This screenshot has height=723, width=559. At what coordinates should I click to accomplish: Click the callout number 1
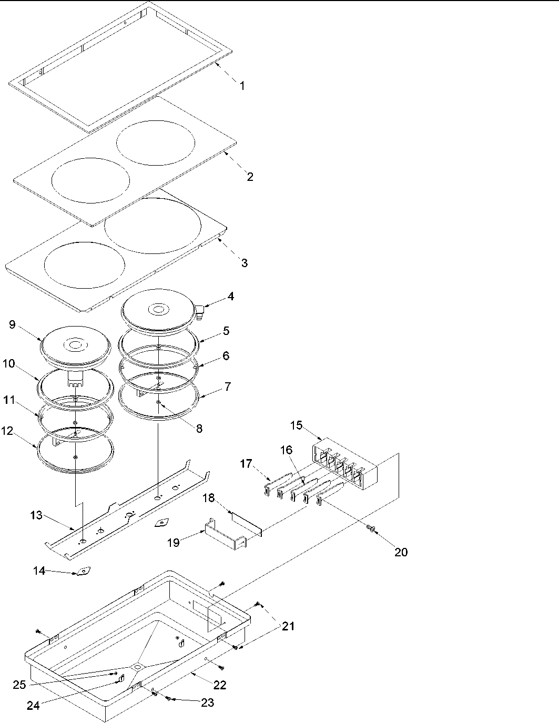click(x=242, y=86)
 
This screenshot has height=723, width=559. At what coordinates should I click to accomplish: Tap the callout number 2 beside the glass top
click(x=250, y=177)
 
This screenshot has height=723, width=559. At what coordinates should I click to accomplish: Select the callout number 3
click(x=244, y=262)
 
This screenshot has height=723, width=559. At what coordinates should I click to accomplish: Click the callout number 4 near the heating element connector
click(x=230, y=297)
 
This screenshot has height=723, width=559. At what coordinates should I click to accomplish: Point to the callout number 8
click(x=199, y=429)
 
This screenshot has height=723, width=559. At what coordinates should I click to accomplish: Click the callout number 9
click(x=12, y=324)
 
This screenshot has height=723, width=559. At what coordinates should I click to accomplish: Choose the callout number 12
click(x=7, y=431)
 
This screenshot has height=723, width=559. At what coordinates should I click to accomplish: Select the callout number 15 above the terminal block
click(x=296, y=425)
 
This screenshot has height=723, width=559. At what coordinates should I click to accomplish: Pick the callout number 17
click(x=246, y=464)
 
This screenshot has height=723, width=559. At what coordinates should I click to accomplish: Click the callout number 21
click(x=288, y=626)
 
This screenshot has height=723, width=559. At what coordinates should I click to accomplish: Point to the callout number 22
click(x=220, y=685)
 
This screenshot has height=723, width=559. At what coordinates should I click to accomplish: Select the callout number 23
click(x=207, y=702)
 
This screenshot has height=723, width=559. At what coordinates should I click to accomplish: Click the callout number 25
click(x=20, y=685)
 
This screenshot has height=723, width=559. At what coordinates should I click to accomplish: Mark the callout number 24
click(x=33, y=706)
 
